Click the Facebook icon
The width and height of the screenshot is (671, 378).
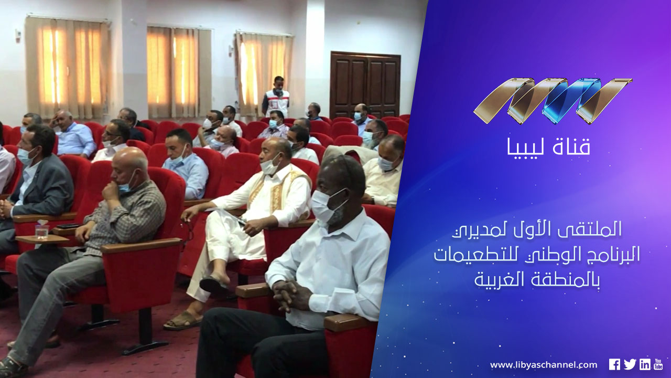(614, 364)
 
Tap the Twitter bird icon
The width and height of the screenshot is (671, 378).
(630, 364)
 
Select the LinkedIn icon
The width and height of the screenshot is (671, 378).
(645, 364)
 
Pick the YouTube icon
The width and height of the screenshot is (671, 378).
(658, 364)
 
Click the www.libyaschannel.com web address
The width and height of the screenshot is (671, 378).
(544, 365)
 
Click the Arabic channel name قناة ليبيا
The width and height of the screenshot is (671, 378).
(548, 146)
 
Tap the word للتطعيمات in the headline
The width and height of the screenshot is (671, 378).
(480, 256)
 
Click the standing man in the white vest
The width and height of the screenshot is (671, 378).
(276, 97)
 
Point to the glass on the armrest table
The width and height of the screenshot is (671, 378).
(42, 231)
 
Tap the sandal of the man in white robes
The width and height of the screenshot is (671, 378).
(183, 321)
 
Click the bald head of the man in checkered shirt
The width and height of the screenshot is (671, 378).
(129, 161)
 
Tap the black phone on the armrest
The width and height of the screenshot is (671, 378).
(68, 226)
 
